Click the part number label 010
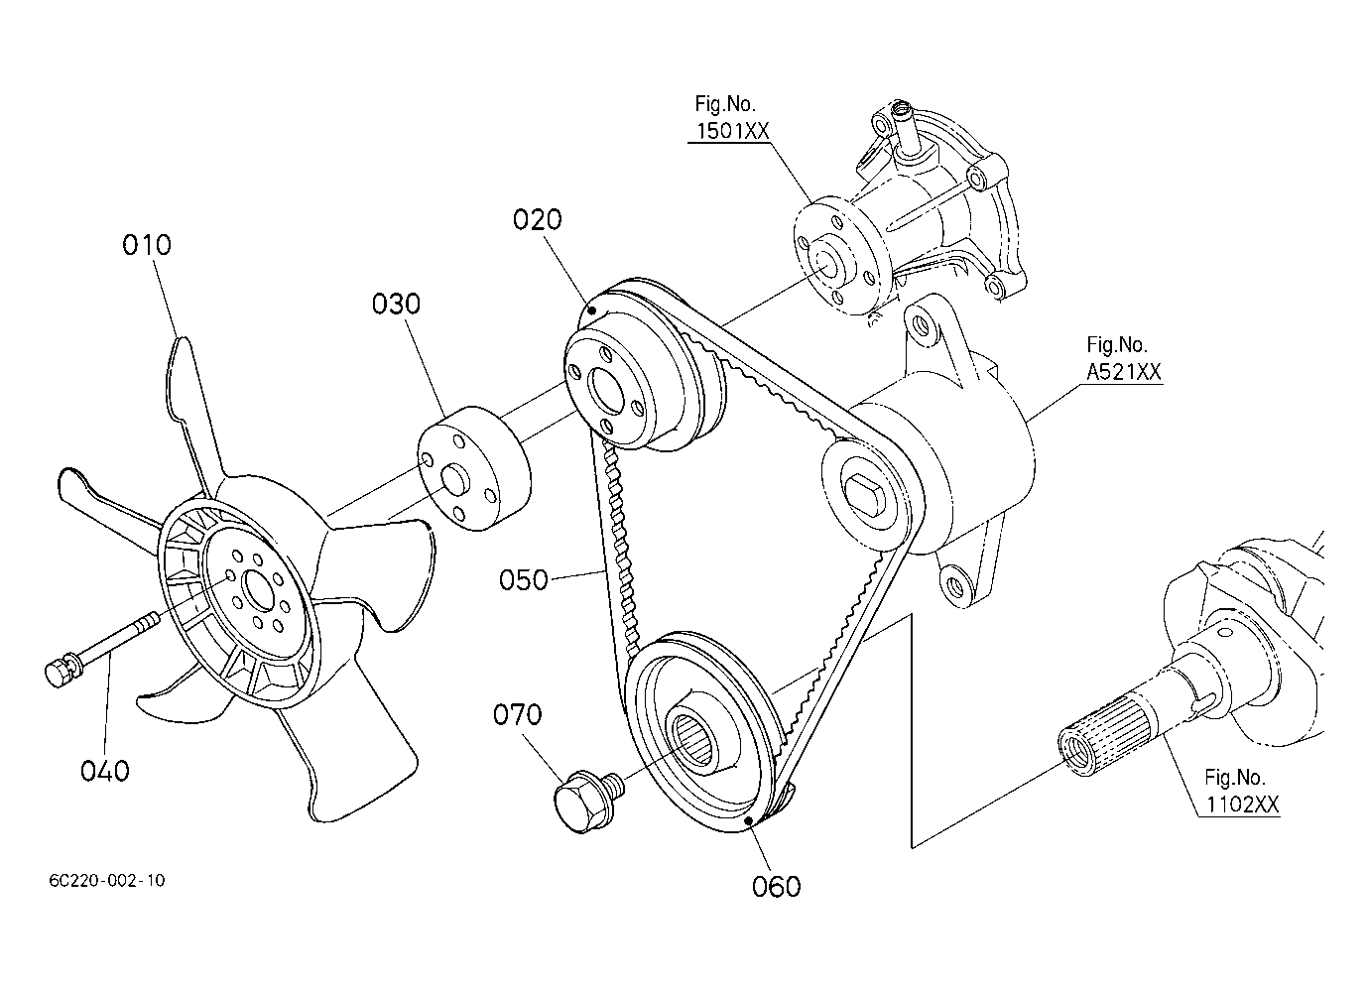(147, 244)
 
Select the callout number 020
(537, 219)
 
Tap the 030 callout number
(396, 304)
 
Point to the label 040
(105, 770)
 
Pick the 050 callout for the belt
(524, 579)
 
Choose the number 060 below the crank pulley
(777, 886)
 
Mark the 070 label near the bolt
(518, 714)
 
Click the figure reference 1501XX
(731, 130)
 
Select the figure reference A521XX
(1123, 372)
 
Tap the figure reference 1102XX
(1241, 805)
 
